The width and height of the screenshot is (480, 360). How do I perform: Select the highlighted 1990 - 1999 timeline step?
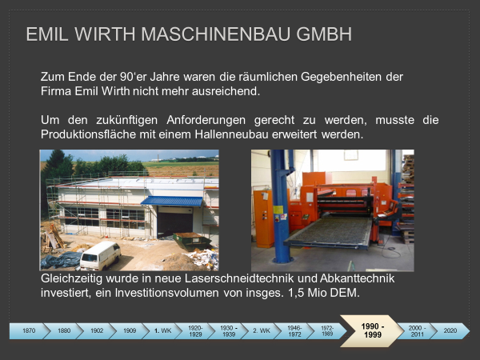coord(372,331)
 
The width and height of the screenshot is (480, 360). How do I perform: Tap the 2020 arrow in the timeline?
coord(450,331)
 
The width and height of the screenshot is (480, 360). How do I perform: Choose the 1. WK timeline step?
coord(162,331)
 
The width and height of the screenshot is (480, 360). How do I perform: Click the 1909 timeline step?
coord(130,331)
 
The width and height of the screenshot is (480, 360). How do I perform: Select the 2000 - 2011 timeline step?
coord(417,331)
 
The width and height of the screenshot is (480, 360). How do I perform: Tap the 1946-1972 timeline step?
coord(294,331)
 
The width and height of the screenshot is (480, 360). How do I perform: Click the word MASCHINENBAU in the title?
coord(215,34)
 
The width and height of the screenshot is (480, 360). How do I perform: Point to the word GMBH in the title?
coord(324,34)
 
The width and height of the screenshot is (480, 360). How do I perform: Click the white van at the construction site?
coord(100,256)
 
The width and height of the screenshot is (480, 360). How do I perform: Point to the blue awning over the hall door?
coord(172,201)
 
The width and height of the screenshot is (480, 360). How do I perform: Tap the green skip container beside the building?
coord(192,241)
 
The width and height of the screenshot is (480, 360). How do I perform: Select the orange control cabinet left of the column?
coord(263,218)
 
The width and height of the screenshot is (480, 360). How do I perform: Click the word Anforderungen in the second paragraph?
coord(206,120)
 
